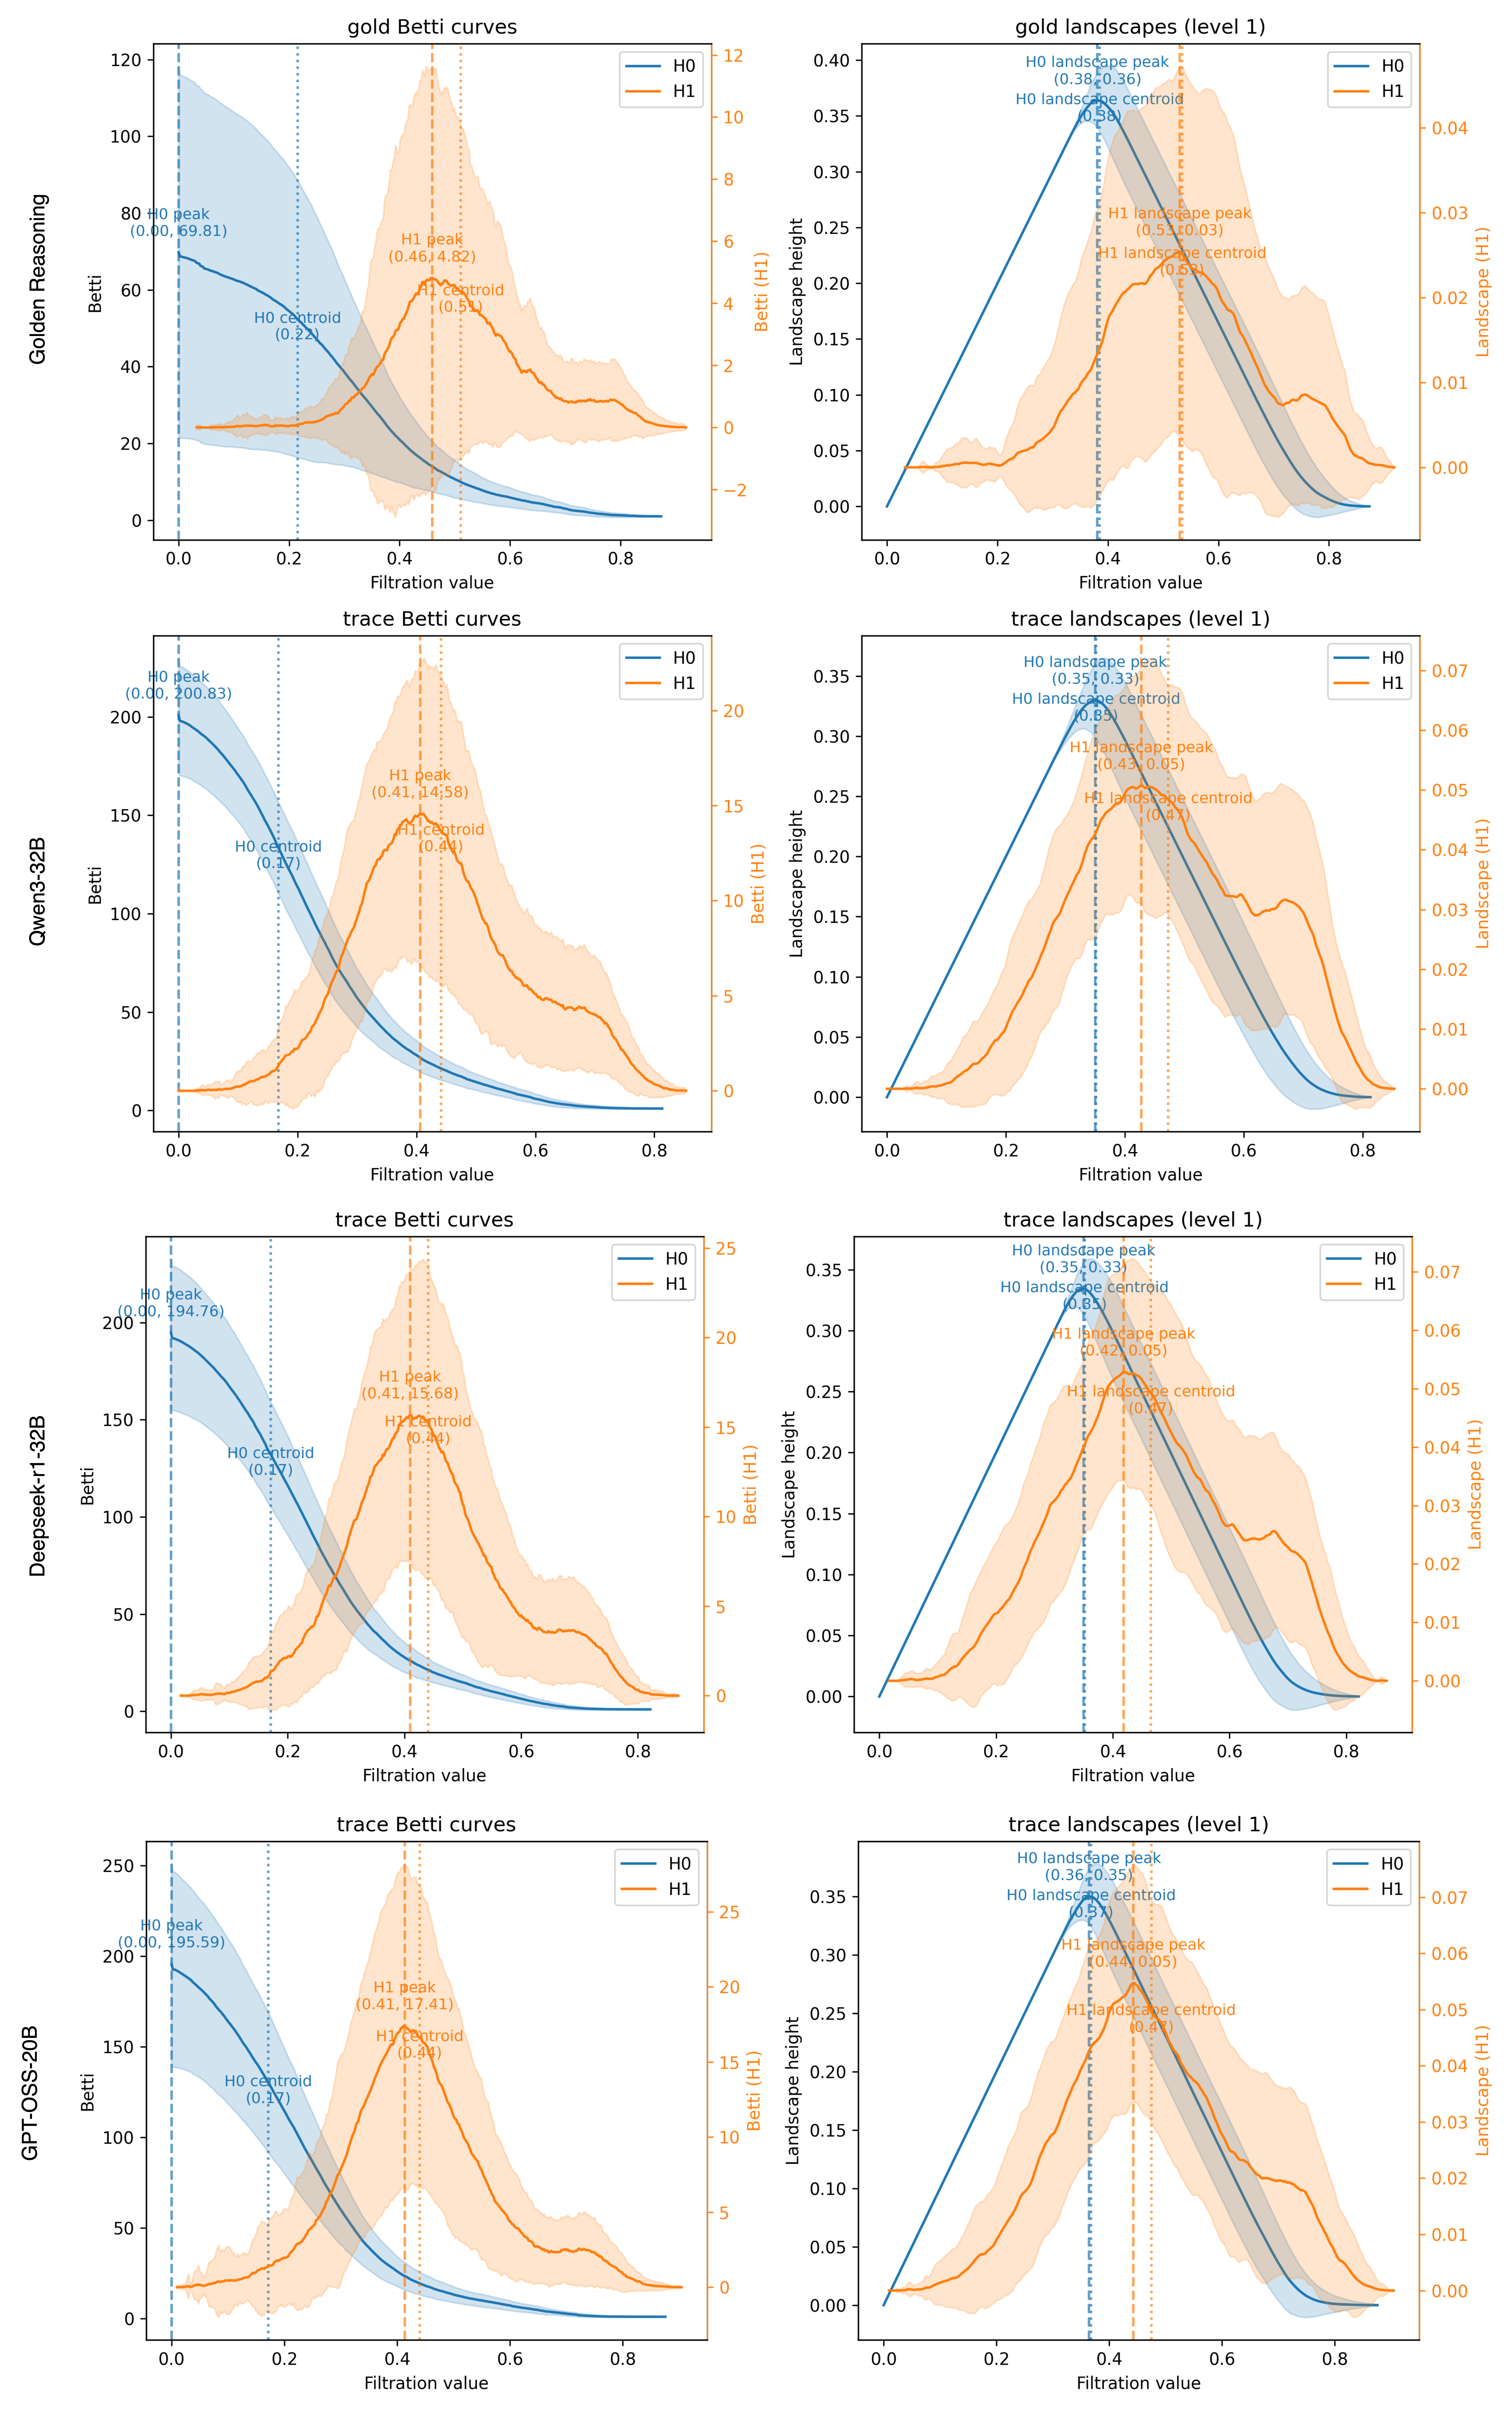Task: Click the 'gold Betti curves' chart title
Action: click(432, 27)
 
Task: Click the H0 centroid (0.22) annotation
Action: click(297, 326)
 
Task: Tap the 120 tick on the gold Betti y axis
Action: click(126, 60)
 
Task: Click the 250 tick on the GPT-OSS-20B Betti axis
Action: click(119, 1866)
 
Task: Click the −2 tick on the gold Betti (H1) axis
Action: click(735, 491)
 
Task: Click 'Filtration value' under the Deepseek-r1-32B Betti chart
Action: click(424, 1775)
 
